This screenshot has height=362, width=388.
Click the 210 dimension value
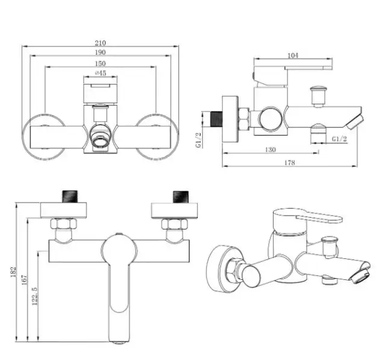[x=100, y=43]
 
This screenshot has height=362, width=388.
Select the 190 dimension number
[x=100, y=52]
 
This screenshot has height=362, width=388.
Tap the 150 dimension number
[x=100, y=63]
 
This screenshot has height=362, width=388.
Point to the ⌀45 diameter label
[x=100, y=73]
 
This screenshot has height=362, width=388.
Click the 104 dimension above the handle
[x=293, y=56]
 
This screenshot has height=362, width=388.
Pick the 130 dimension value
[x=270, y=150]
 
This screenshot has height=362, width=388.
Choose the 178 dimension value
[x=290, y=162]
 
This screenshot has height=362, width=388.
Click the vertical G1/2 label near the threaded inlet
[x=198, y=140]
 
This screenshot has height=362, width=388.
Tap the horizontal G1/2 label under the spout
[x=339, y=139]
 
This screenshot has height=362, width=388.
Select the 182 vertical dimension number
[x=14, y=271]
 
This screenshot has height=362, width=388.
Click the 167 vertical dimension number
[x=24, y=280]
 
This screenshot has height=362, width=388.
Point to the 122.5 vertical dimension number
[x=35, y=296]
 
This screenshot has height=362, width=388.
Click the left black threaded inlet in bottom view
[x=70, y=197]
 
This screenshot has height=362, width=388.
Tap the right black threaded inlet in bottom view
[x=181, y=197]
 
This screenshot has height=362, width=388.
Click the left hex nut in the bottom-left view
[x=63, y=224]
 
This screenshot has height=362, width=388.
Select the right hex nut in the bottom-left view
[x=175, y=224]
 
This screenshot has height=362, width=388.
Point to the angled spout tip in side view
[x=355, y=122]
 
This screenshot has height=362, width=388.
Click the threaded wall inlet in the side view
[x=216, y=119]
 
